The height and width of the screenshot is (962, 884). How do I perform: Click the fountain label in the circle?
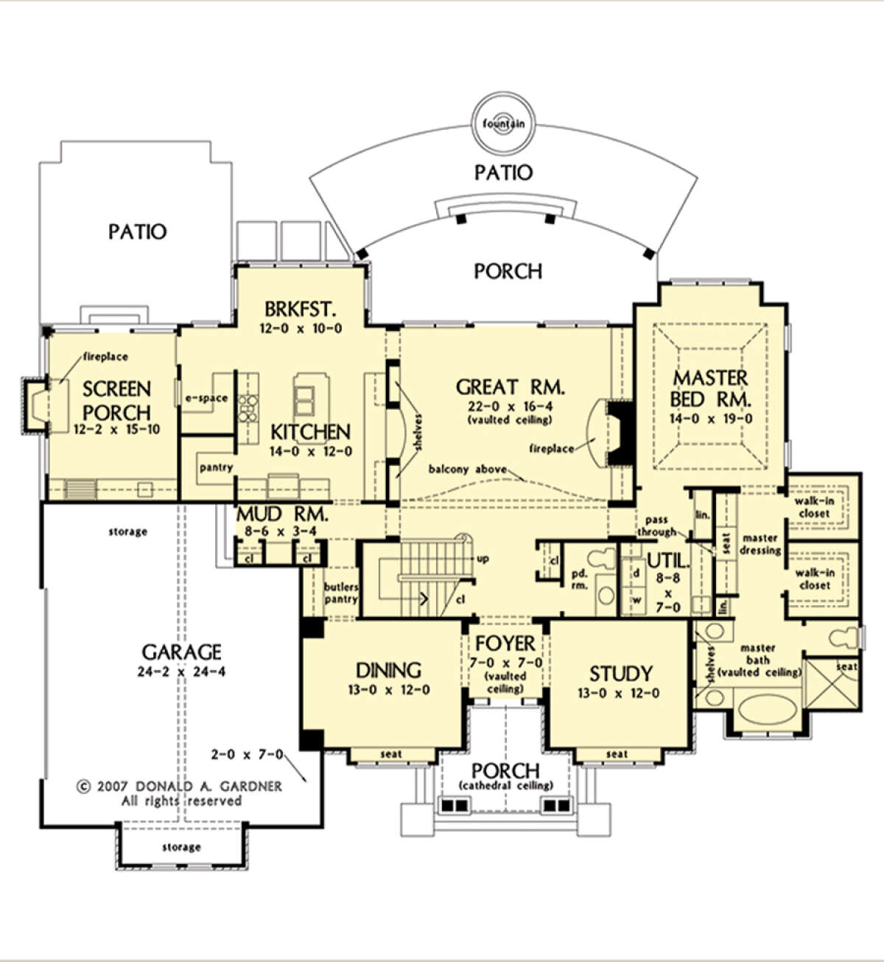[x=503, y=124]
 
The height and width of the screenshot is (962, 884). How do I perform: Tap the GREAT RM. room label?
[x=510, y=386]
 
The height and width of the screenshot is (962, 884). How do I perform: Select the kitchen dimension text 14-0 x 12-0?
[x=311, y=451]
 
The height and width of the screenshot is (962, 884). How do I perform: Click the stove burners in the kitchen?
[x=248, y=408]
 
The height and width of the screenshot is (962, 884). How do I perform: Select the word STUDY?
[x=621, y=674]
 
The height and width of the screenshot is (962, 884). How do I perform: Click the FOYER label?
[x=505, y=643]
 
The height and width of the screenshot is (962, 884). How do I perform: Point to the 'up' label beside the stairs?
[x=483, y=559]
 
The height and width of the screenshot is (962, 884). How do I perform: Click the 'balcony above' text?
[x=467, y=469]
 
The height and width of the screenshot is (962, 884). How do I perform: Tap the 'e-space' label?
[x=206, y=398]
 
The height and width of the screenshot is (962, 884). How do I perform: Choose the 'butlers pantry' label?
[x=341, y=593]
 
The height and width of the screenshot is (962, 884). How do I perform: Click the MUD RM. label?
[x=282, y=515]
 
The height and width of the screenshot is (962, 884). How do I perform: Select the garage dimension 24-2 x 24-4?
[x=181, y=672]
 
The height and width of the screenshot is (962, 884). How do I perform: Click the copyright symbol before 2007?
[x=84, y=787]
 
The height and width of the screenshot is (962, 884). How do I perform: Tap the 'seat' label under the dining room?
[x=391, y=754]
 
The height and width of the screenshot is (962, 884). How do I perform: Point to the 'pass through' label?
[x=656, y=526]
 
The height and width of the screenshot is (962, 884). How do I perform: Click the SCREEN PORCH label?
[x=116, y=400]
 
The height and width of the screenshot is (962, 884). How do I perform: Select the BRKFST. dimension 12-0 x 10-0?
[x=301, y=329]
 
